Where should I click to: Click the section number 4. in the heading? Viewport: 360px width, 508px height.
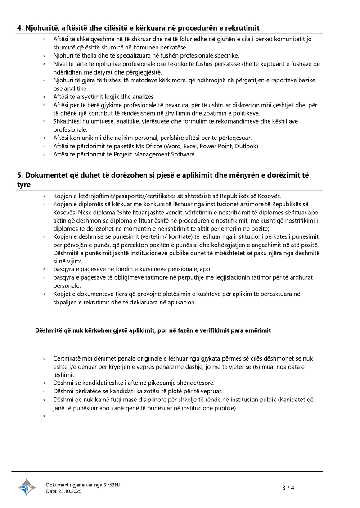(20, 28)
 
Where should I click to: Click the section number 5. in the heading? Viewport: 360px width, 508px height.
(20, 174)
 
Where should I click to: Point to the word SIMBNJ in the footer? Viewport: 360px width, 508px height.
(112, 485)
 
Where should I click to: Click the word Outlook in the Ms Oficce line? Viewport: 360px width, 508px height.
(246, 146)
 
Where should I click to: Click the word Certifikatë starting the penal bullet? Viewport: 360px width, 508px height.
(67, 359)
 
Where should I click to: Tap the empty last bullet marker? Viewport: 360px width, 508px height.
(44, 416)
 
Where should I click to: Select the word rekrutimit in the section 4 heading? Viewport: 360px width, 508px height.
(243, 28)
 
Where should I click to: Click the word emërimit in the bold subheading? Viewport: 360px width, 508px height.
(256, 330)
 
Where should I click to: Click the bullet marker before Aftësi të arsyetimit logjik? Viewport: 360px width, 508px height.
(44, 97)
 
